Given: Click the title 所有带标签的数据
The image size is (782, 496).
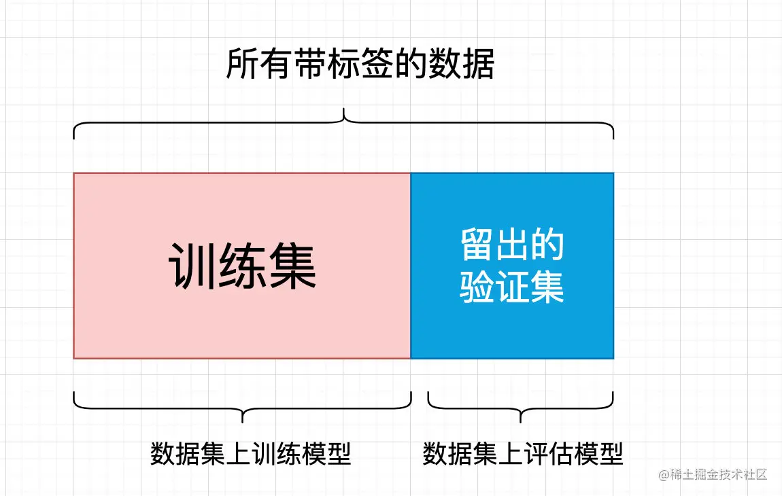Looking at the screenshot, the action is click(360, 65).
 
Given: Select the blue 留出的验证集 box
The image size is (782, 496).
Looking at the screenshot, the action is click(512, 266).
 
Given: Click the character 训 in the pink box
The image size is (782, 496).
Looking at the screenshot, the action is click(193, 266).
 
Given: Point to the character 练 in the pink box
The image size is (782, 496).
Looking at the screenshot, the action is click(243, 266).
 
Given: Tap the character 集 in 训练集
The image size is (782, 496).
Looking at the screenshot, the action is click(292, 266).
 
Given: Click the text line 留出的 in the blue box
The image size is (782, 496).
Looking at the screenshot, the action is click(512, 245).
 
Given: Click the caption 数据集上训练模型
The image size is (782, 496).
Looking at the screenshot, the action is click(250, 454).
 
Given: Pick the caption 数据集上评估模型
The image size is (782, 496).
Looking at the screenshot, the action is click(522, 454).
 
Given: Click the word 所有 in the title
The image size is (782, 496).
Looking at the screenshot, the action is click(259, 65).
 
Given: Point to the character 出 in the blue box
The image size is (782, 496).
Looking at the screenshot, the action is click(512, 245).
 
